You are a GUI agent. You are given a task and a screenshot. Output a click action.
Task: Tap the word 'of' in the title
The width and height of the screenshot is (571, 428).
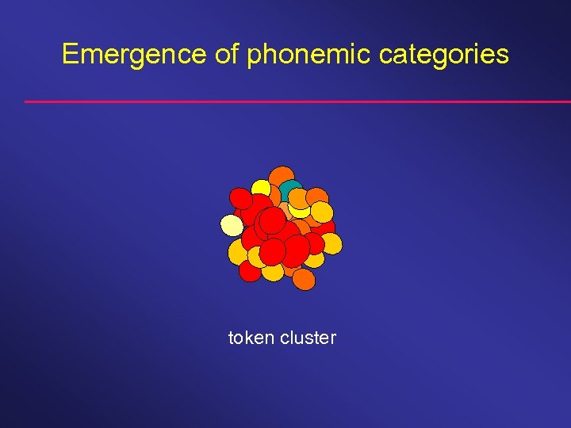click(229, 54)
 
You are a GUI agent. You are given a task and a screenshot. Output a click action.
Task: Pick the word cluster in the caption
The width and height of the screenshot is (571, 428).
click(308, 338)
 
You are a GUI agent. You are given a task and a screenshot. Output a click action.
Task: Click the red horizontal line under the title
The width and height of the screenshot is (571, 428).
click(297, 101)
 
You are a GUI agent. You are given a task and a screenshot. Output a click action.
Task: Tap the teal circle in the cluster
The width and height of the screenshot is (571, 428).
click(290, 191)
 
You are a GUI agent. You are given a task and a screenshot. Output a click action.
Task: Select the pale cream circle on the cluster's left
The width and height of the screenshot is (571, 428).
click(232, 226)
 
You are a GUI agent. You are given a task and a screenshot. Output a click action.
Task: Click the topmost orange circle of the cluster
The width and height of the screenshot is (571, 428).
click(281, 177)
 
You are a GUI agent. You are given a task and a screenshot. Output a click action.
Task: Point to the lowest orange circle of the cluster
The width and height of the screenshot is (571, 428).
click(304, 280)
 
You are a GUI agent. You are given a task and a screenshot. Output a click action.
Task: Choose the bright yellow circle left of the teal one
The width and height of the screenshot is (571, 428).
click(262, 189)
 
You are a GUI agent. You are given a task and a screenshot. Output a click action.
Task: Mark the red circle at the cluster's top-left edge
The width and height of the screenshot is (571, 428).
click(240, 198)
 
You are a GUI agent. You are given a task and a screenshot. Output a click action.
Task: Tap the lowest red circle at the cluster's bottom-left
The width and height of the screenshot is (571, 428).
click(250, 271)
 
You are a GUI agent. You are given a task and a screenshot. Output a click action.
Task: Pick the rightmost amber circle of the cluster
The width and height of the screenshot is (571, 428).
click(331, 243)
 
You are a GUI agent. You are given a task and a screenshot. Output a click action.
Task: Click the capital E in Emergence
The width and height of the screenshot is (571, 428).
click(70, 54)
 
